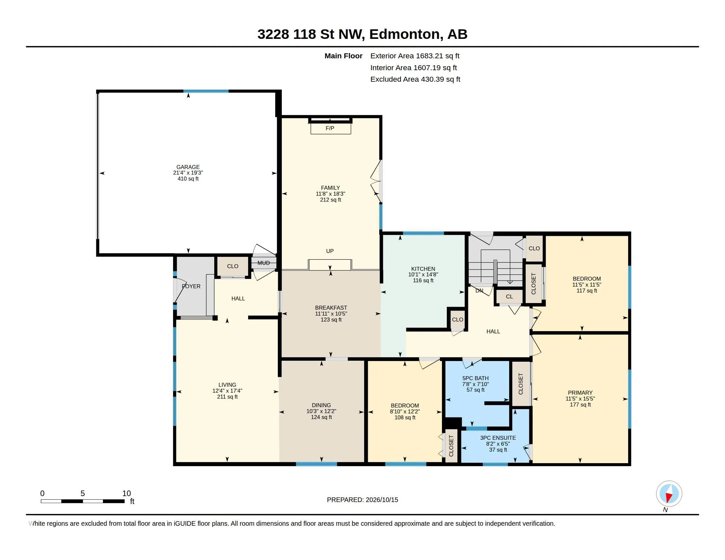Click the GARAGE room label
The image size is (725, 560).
188,167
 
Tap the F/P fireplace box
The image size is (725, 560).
331,128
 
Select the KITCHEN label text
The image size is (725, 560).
423,269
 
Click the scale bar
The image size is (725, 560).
83,501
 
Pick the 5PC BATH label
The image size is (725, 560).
475,378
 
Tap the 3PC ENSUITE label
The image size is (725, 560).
498,438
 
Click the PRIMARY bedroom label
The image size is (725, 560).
580,393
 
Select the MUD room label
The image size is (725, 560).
264,263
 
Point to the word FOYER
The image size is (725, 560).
191,286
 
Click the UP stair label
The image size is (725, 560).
330,251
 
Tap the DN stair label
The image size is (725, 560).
479,291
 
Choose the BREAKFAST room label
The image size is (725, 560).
331,308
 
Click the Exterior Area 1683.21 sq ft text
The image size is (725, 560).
415,56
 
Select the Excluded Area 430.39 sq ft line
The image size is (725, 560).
415,79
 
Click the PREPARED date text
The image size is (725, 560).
362,500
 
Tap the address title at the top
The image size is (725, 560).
362,34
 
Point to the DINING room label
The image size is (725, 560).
321,405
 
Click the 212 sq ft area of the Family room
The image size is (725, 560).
330,200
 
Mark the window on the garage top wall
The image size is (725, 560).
206,91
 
